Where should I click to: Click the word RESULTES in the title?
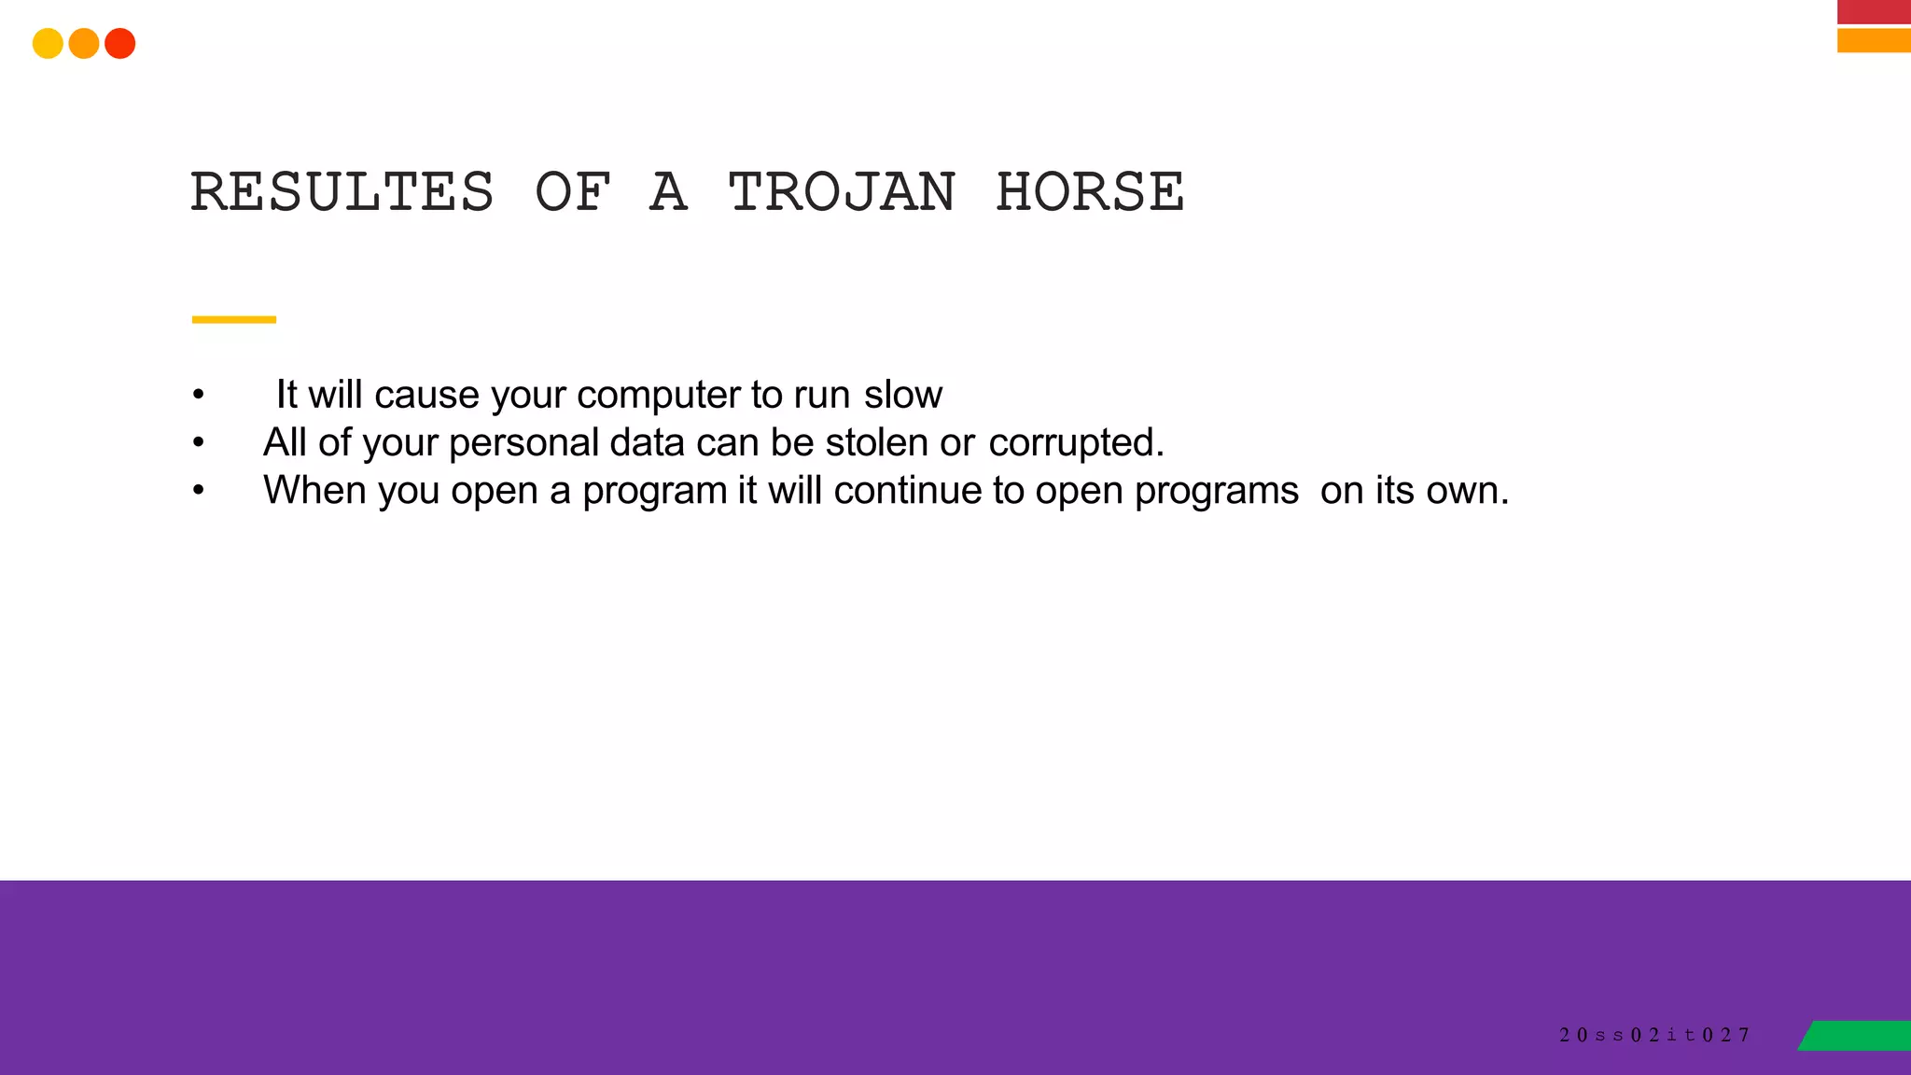pyautogui.click(x=342, y=192)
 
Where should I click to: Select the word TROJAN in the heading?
pyautogui.click(x=842, y=192)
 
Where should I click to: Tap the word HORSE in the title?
pyautogui.click(x=1090, y=192)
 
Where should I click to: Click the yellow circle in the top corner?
pyautogui.click(x=48, y=44)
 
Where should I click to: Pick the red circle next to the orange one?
pyautogui.click(x=120, y=44)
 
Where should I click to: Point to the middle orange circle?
pyautogui.click(x=84, y=44)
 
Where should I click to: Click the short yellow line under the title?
pyautogui.click(x=233, y=319)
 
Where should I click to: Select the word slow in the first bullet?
pyautogui.click(x=902, y=395)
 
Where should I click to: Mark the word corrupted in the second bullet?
pyautogui.click(x=1075, y=443)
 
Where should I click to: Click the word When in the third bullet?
pyautogui.click(x=314, y=490)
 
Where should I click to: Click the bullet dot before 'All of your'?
pyautogui.click(x=198, y=442)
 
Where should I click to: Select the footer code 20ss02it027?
pyautogui.click(x=1653, y=1035)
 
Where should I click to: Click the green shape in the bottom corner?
pyautogui.click(x=1857, y=1035)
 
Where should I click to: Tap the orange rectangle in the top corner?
pyautogui.click(x=1874, y=40)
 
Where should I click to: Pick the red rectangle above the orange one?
pyautogui.click(x=1874, y=11)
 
